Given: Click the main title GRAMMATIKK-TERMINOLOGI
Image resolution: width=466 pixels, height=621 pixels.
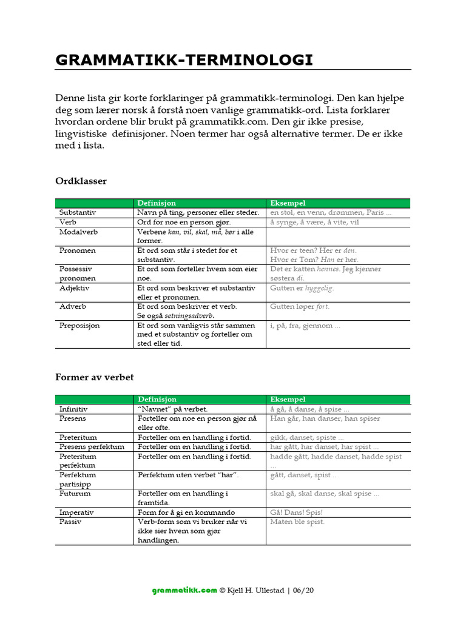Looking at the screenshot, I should point(184,59).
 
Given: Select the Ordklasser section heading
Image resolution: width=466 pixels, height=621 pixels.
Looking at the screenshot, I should point(81,181).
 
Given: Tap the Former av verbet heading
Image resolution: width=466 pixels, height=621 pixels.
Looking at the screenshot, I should point(94,377).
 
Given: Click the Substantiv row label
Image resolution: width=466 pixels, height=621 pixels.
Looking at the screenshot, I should point(78,213).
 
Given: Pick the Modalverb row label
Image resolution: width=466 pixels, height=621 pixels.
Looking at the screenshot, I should point(78,232).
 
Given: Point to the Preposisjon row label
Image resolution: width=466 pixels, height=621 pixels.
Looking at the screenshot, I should point(79,326).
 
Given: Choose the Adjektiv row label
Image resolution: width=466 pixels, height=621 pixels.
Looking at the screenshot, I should point(74,288).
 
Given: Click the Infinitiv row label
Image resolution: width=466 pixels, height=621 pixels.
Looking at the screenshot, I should point(74,409).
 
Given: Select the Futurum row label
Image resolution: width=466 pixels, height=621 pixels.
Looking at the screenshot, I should point(75,494).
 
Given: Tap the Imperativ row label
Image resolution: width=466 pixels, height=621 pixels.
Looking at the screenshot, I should point(76,512).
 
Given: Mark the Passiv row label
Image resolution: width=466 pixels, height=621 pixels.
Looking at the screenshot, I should point(70,522).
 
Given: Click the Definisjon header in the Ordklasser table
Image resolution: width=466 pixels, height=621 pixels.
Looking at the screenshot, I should point(157,203).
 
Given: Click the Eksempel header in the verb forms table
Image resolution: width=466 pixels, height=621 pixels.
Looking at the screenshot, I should point(288,400).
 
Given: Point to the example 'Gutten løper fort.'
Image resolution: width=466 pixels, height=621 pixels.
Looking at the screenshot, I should point(300,307).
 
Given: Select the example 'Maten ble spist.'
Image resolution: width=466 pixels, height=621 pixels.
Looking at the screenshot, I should point(297,522).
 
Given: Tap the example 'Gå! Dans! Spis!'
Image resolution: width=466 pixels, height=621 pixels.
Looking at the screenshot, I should point(297,512).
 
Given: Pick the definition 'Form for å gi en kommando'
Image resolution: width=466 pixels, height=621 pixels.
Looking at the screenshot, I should point(186,512).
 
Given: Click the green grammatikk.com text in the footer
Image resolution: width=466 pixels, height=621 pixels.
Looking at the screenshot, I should point(184,590).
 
